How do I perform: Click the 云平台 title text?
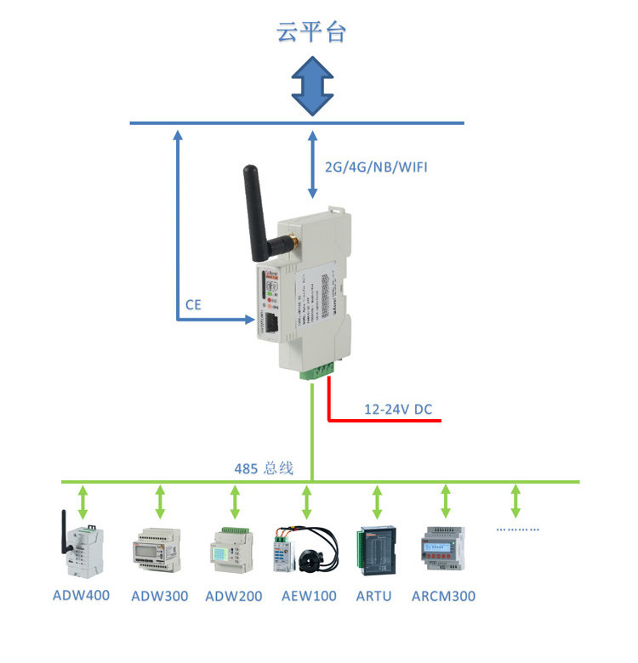coord(311,31)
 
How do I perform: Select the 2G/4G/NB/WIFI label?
coord(376,167)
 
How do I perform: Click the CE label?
coord(193,303)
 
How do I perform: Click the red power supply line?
coord(383,420)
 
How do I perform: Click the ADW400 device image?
coord(82,546)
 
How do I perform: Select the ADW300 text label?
coord(160,596)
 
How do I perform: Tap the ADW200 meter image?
coord(233,547)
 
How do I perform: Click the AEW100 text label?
coord(309,596)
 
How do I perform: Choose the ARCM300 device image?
coord(443,550)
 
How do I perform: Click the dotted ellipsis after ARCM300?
coord(517,529)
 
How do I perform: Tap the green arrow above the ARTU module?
coord(376,502)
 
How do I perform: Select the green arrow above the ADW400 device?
coord(82,502)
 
